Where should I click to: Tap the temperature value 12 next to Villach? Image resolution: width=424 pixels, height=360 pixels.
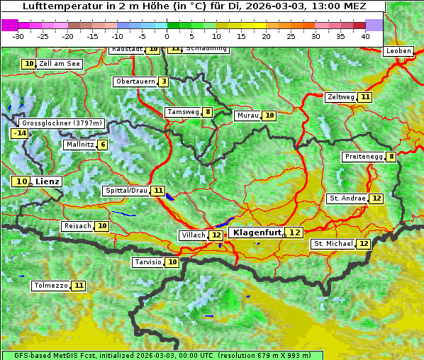pyautogui.click(x=216, y=235)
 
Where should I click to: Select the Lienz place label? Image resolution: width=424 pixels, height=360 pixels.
pyautogui.click(x=48, y=181)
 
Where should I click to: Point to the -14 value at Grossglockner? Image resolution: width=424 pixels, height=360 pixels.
pyautogui.click(x=19, y=133)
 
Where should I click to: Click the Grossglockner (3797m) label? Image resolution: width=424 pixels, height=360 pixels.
pyautogui.click(x=62, y=123)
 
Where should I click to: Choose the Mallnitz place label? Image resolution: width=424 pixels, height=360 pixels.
pyautogui.click(x=79, y=145)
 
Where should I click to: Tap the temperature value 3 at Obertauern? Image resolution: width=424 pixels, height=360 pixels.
pyautogui.click(x=164, y=81)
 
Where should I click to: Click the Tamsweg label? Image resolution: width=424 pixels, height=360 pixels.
pyautogui.click(x=182, y=112)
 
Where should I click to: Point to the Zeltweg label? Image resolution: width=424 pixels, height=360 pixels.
pyautogui.click(x=340, y=97)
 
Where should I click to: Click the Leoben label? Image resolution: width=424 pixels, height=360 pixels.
pyautogui.click(x=398, y=51)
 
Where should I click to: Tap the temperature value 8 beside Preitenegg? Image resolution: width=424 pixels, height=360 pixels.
pyautogui.click(x=391, y=157)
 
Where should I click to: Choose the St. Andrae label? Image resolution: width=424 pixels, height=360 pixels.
pyautogui.click(x=347, y=198)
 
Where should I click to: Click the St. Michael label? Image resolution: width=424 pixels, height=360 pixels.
pyautogui.click(x=333, y=244)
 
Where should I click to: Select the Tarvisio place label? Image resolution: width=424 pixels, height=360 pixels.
pyautogui.click(x=148, y=262)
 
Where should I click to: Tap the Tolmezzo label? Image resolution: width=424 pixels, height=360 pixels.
pyautogui.click(x=51, y=286)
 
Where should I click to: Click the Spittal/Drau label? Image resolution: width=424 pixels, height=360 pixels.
pyautogui.click(x=125, y=191)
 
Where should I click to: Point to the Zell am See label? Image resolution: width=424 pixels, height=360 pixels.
pyautogui.click(x=60, y=64)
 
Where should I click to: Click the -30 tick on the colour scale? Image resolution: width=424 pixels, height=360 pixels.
pyautogui.click(x=18, y=36)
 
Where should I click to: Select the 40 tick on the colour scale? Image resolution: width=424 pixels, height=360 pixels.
pyautogui.click(x=365, y=36)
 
